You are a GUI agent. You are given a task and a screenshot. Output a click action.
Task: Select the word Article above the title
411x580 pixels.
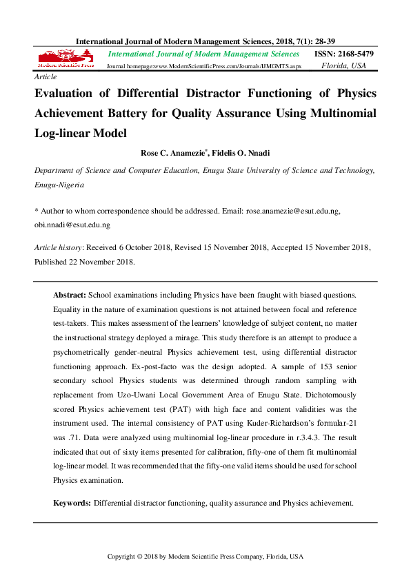coord(46,79)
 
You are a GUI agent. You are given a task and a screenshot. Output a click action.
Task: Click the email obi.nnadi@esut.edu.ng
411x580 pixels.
coord(72,225)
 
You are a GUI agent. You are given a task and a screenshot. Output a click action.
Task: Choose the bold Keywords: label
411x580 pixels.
coord(72,504)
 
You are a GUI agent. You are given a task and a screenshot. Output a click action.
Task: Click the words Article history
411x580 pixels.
coord(59,247)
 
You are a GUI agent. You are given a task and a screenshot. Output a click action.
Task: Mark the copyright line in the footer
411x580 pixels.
coord(205,556)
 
